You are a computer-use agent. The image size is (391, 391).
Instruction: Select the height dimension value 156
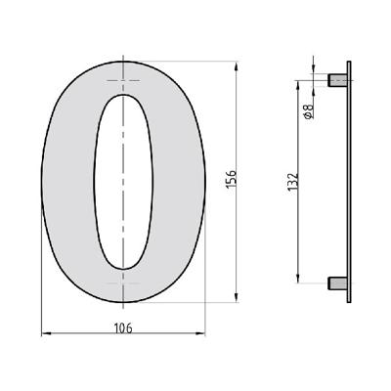[x=232, y=183]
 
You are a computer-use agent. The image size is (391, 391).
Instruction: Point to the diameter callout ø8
[x=309, y=111]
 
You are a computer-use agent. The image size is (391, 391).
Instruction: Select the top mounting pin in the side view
[x=335, y=78]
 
